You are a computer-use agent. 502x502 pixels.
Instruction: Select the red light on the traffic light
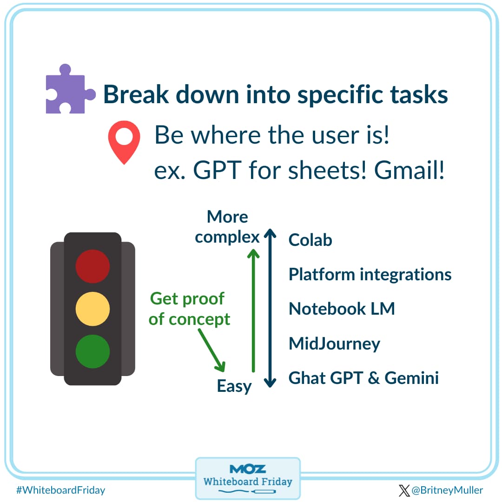tap(93, 266)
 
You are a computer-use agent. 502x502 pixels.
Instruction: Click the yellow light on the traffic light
tap(93, 309)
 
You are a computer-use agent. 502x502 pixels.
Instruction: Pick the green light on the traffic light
tap(93, 351)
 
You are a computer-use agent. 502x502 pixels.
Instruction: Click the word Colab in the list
tap(310, 240)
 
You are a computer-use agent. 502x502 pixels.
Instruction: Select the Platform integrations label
tap(370, 274)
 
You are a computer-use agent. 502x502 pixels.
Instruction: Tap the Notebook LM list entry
tap(342, 309)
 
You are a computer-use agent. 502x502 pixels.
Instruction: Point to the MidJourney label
tap(334, 344)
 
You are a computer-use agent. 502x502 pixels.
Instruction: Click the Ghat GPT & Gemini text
tap(363, 378)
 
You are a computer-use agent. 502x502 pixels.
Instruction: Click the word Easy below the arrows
tap(234, 386)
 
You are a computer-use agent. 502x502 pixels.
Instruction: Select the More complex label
tap(227, 227)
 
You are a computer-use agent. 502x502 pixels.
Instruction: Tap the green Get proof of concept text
tap(189, 309)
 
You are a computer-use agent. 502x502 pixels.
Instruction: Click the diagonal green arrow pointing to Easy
tap(211, 350)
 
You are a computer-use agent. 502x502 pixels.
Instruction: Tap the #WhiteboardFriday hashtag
tap(60, 490)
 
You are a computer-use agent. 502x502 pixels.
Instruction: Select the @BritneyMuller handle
tap(446, 490)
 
